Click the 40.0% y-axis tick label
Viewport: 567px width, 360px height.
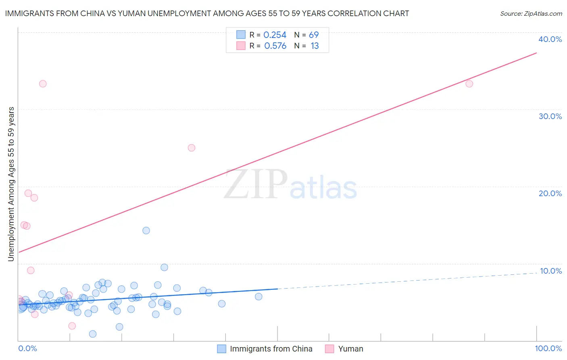pyautogui.click(x=550, y=39)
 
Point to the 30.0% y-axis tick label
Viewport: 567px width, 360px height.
pyautogui.click(x=550, y=116)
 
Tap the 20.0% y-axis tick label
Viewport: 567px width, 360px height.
pyautogui.click(x=550, y=193)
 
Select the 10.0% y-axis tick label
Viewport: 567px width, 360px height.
pyautogui.click(x=551, y=271)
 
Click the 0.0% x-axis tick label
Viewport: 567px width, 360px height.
pyautogui.click(x=27, y=348)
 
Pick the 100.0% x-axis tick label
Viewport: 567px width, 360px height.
pyautogui.click(x=548, y=348)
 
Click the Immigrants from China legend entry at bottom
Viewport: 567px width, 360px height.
pyautogui.click(x=271, y=349)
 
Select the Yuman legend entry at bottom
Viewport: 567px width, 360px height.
pyautogui.click(x=350, y=349)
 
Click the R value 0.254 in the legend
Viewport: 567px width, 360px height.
pyautogui.click(x=275, y=35)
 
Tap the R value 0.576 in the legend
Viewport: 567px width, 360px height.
pyautogui.click(x=275, y=46)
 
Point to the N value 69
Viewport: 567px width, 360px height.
pyautogui.click(x=314, y=35)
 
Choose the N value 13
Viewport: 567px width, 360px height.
pyautogui.click(x=315, y=46)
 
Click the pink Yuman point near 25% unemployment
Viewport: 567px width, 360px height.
pyautogui.click(x=192, y=148)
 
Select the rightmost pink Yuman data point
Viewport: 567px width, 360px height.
pyautogui.click(x=469, y=84)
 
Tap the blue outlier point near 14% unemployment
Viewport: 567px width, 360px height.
pyautogui.click(x=146, y=230)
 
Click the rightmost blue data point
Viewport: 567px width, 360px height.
pyautogui.click(x=258, y=297)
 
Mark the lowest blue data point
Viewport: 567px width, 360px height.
pyautogui.click(x=93, y=334)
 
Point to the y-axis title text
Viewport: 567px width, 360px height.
pyautogui.click(x=11, y=184)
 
